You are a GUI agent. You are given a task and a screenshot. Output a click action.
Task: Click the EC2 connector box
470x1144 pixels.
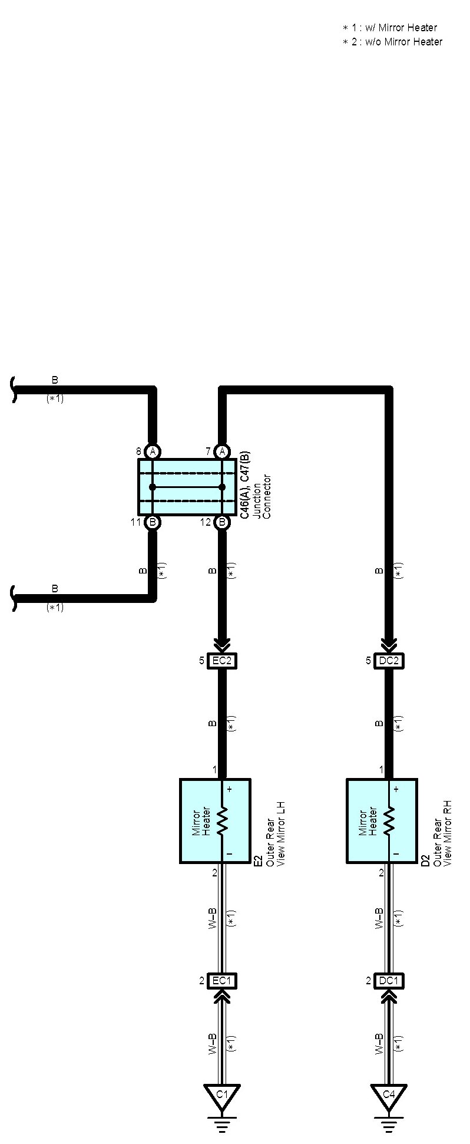(x=222, y=661)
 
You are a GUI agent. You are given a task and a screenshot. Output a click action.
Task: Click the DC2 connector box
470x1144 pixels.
(x=389, y=661)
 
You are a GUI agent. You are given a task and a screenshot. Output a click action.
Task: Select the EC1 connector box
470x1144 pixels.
(x=222, y=981)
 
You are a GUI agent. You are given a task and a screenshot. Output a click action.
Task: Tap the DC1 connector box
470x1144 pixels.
(x=389, y=981)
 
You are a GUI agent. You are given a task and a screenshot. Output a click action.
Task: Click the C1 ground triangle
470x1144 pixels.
(x=222, y=1095)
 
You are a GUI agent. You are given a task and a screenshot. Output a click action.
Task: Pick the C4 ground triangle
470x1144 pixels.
(x=389, y=1095)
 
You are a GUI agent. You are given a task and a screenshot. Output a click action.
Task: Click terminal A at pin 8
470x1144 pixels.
(x=153, y=452)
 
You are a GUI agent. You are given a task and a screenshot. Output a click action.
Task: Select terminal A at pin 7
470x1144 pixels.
(x=222, y=452)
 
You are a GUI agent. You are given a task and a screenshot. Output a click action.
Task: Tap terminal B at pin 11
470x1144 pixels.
(x=153, y=522)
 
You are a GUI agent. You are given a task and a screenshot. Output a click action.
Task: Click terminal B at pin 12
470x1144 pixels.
(x=222, y=522)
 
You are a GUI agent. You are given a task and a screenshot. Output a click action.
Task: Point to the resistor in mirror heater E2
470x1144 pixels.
(x=222, y=820)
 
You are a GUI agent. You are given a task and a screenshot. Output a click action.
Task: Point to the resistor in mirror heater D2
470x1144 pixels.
(x=389, y=820)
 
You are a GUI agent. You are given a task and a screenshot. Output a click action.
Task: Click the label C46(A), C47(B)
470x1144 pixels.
(x=245, y=484)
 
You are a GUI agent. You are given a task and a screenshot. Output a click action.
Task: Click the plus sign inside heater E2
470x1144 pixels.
(x=229, y=789)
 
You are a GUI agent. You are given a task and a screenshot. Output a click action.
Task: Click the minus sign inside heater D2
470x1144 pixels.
(x=396, y=853)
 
